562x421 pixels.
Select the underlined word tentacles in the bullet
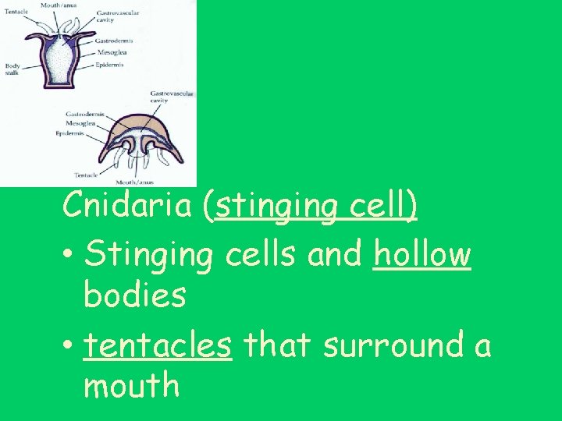coord(158,345)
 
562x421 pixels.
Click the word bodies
coord(134,296)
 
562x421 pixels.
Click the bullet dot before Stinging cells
coord(70,256)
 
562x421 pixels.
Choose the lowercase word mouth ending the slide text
coord(131,386)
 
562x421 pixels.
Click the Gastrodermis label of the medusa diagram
coord(85,113)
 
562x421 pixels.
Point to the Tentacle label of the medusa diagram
coord(86,174)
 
